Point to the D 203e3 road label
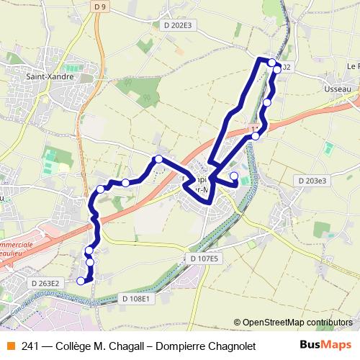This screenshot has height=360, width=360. pos(311,181)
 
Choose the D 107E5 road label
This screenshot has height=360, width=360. pos(205,257)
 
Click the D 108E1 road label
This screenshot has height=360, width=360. pos(135,297)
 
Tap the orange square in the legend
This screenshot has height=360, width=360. pos(10,346)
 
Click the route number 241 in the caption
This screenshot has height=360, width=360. pos(30,346)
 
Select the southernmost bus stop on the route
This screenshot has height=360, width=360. pos(89,281)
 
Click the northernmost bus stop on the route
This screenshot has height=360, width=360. pos(271,63)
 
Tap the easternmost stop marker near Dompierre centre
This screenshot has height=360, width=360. pos(233,176)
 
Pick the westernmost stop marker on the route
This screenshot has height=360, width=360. pos(89,251)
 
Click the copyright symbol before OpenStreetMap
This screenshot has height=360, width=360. pos(238,323)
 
